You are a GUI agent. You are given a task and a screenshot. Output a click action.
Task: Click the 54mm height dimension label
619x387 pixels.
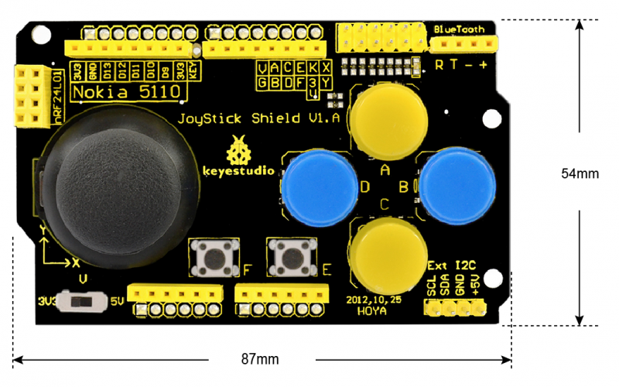pos(580,174)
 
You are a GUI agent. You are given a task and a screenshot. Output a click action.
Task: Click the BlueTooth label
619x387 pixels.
pos(460,29)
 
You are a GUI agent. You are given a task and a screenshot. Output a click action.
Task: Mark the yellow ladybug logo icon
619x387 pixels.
pos(238,148)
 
